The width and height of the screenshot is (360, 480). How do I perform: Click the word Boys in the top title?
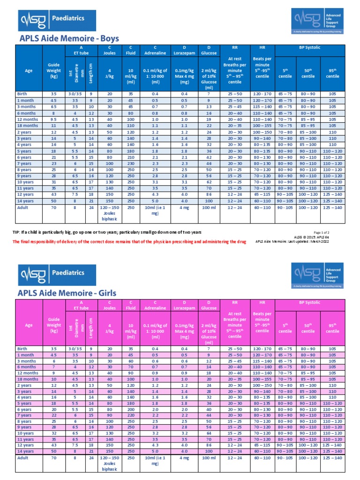108,38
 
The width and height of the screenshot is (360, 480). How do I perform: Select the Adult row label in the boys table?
22,207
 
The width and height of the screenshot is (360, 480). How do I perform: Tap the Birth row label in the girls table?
22,348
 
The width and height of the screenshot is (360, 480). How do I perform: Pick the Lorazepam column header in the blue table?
184,53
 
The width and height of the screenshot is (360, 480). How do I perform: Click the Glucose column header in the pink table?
209,308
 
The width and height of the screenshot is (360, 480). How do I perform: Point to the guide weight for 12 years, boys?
54,194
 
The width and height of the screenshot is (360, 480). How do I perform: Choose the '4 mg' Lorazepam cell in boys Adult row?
184,207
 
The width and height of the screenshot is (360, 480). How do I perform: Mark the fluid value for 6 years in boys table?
131,157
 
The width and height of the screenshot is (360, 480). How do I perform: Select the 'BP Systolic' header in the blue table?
308,47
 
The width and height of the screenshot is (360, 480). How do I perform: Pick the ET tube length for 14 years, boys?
91,200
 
